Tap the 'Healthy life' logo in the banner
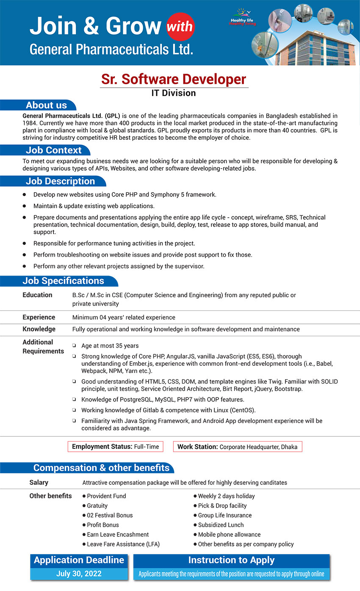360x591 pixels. click(243, 20)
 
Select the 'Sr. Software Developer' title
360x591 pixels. click(174, 79)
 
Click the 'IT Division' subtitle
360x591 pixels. click(174, 93)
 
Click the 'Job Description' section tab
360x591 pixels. click(60, 181)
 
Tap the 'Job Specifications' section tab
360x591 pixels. click(63, 281)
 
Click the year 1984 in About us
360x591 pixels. click(30, 123)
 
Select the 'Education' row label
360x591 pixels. click(37, 295)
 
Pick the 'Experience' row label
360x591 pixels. click(39, 317)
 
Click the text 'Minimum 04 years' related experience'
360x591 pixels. click(124, 318)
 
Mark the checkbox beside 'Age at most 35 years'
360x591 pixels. click(74, 346)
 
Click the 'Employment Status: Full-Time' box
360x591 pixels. click(115, 447)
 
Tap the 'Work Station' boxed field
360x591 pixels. click(237, 447)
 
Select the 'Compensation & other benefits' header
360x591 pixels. click(101, 468)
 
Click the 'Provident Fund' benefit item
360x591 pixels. click(106, 496)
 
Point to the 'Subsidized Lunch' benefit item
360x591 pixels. click(221, 525)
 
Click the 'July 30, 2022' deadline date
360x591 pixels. click(79, 574)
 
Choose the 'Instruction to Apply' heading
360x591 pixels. click(231, 560)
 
